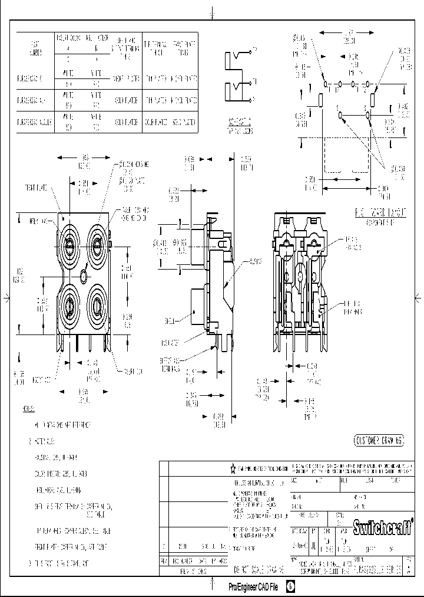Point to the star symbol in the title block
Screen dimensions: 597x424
pos(233,468)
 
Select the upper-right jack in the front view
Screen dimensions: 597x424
pos(97,243)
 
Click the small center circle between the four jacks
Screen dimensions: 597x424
pos(84,275)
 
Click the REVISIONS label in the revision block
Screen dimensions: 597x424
pos(194,572)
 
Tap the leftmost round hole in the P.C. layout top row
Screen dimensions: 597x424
pos(325,85)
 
